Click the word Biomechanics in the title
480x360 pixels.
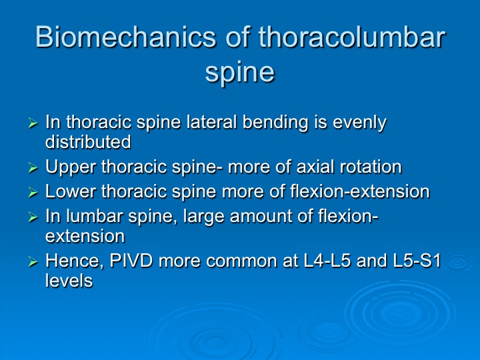[x=126, y=37]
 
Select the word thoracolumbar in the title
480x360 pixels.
[x=351, y=37]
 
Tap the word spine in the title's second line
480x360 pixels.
[x=240, y=73]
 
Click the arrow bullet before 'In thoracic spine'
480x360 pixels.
[x=33, y=123]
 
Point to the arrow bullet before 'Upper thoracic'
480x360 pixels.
[x=33, y=168]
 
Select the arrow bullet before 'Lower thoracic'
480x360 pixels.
[x=33, y=193]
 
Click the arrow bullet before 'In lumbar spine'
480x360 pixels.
[x=33, y=217]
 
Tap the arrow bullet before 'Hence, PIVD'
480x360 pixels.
[x=33, y=262]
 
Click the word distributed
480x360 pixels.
[x=88, y=142]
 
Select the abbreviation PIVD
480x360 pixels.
[x=131, y=261]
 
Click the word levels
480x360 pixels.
[x=69, y=281]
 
